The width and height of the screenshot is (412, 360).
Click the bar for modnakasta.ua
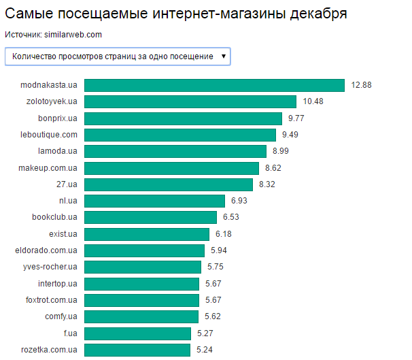[x=214, y=85]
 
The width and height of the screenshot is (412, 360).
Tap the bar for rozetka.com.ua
[x=137, y=350]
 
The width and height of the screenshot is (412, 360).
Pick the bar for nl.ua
[x=154, y=201]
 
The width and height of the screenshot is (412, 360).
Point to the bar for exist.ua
[x=146, y=234]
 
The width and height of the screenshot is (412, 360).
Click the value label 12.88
[x=361, y=85]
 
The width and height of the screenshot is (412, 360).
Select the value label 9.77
[x=297, y=118]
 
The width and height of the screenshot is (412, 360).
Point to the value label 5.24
[x=205, y=350]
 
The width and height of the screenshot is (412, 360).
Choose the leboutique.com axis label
[x=49, y=135]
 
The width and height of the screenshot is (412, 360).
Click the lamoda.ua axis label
[x=58, y=151]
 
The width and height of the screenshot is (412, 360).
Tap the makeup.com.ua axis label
[x=48, y=168]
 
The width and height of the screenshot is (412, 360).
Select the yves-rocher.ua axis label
[x=50, y=267]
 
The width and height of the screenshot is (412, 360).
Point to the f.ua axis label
[x=70, y=333]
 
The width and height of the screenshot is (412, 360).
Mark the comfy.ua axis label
[x=61, y=316]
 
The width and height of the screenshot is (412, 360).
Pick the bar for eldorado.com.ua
[x=144, y=250]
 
